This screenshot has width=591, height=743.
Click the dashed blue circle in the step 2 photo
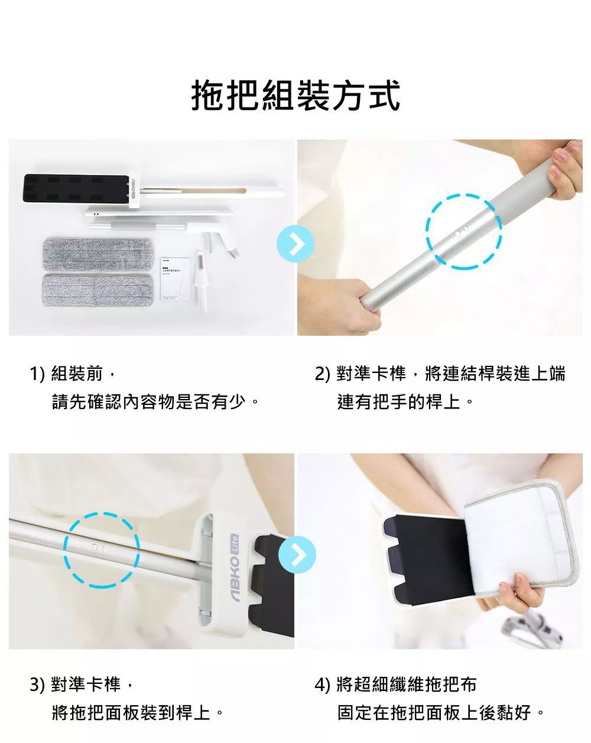[464, 231]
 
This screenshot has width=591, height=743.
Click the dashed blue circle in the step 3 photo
[101, 550]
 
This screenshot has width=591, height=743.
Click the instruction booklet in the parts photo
[176, 278]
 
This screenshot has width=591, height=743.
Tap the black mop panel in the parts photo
[74, 192]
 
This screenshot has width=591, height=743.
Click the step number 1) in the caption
[38, 374]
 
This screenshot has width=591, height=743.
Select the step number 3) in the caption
[38, 685]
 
